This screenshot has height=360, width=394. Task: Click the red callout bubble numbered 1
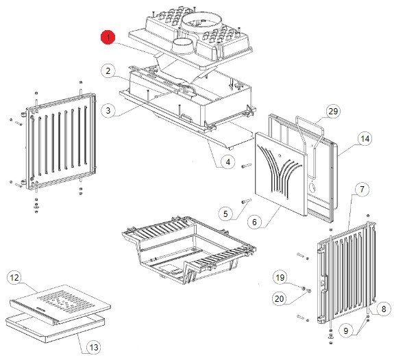tap(108, 38)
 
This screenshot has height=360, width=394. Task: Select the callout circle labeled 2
tap(108, 70)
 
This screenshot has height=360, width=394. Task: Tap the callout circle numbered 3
tap(108, 110)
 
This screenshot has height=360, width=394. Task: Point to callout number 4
tap(228, 162)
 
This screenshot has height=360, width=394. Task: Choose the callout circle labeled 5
tap(225, 214)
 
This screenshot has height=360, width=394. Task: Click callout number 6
tap(254, 222)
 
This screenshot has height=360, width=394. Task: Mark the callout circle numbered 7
tap(362, 189)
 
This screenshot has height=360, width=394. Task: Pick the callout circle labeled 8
tap(384, 309)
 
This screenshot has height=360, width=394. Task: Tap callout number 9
tap(346, 331)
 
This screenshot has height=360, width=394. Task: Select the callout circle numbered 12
tap(14, 278)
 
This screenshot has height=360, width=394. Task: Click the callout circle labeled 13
tap(94, 348)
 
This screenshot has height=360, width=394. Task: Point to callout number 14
tap(365, 138)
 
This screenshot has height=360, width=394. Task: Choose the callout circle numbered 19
tap(280, 277)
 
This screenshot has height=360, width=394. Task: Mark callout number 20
tap(280, 298)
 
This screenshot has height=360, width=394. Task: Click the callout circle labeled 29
tap(333, 111)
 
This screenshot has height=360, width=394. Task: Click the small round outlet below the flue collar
tap(183, 47)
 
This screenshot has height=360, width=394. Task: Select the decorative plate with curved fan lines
tap(281, 174)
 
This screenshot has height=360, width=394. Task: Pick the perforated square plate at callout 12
tap(60, 305)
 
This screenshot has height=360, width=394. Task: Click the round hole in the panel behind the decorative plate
tap(312, 187)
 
